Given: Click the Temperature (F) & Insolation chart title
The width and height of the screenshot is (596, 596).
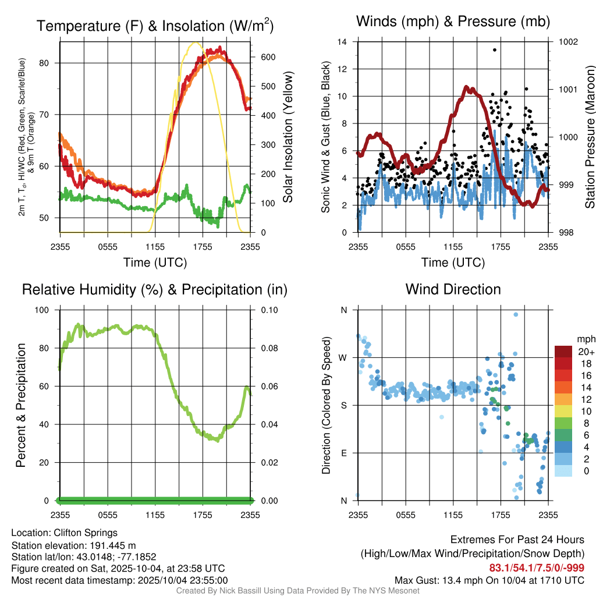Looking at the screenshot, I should click(x=155, y=26).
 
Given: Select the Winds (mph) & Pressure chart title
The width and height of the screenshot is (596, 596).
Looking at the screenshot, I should click(x=453, y=22).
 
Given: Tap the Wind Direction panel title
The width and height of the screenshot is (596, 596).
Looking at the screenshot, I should click(x=453, y=289).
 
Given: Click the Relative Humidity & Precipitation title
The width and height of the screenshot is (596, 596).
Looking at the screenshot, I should click(x=155, y=289).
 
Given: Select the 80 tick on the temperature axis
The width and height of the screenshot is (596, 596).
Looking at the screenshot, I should click(x=51, y=63).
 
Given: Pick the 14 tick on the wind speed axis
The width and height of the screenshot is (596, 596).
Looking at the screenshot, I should click(x=342, y=42).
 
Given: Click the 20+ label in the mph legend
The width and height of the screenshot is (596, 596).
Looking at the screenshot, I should click(x=586, y=352).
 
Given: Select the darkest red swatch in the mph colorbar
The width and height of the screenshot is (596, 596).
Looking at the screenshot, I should click(x=563, y=352).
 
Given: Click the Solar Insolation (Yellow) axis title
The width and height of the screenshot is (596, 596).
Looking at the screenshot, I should click(x=288, y=137).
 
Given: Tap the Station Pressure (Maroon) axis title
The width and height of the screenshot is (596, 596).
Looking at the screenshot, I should click(x=590, y=137).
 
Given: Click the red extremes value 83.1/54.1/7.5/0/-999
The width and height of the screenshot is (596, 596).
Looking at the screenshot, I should click(x=537, y=567).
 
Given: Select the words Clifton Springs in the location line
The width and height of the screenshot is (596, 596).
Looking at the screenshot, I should click(x=86, y=533).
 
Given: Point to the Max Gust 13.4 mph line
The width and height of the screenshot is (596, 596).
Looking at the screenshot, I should click(x=489, y=580).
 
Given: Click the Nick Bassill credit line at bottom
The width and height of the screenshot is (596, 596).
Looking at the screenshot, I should click(x=298, y=591).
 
